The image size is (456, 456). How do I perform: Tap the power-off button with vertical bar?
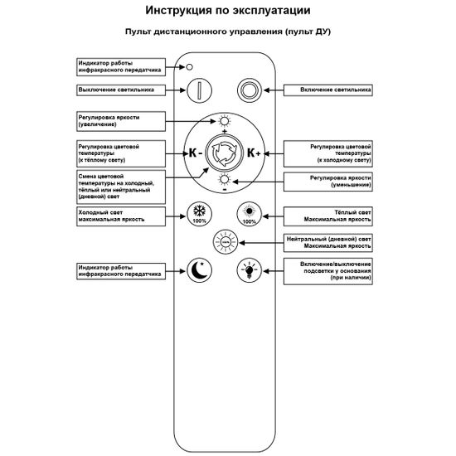tap(199, 90)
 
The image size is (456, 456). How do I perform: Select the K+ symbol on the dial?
tap(254, 153)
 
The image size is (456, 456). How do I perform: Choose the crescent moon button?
tap(199, 269)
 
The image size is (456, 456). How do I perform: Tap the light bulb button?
tap(248, 269)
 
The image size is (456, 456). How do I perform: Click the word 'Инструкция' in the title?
tap(177, 11)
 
